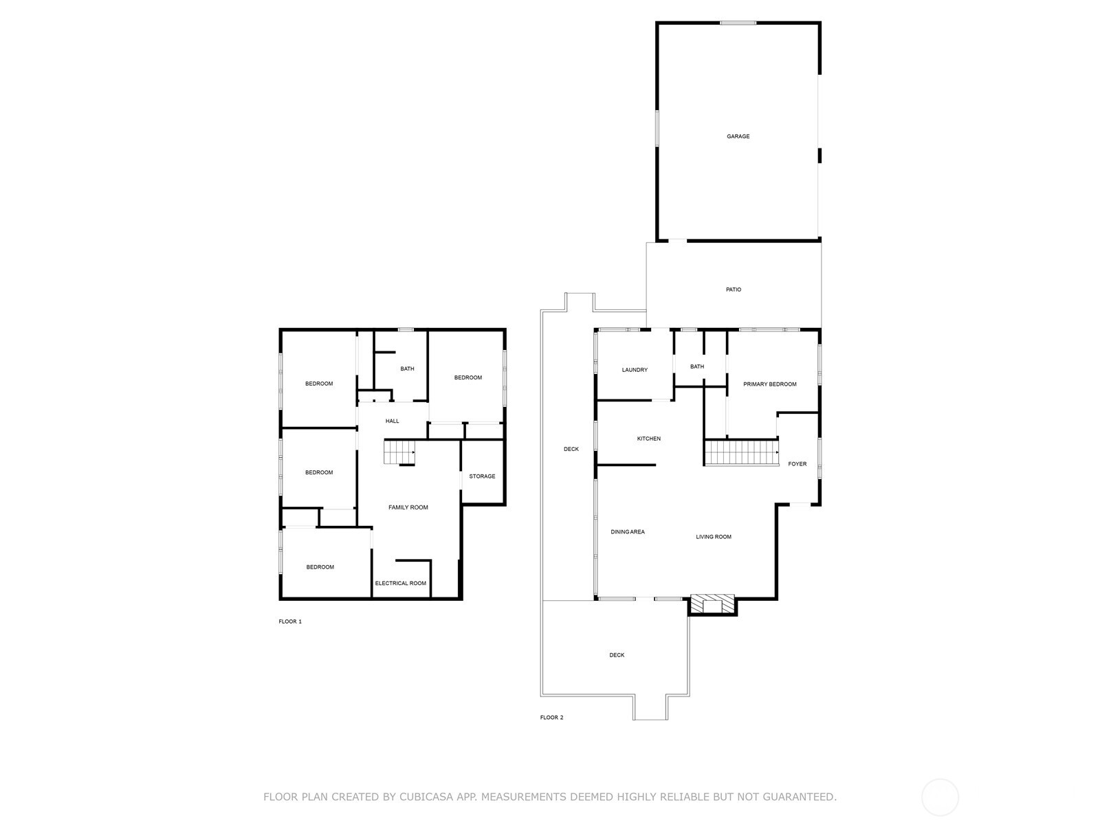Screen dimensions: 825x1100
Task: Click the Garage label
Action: [738, 137]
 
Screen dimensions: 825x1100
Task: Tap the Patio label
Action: [734, 290]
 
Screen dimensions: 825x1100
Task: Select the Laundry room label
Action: [635, 370]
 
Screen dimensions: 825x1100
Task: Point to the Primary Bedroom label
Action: [769, 384]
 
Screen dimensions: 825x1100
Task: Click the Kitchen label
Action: [648, 439]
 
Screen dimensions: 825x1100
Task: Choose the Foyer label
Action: [797, 464]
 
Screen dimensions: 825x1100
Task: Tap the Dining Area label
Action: [627, 532]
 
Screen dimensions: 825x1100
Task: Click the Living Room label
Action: [713, 537]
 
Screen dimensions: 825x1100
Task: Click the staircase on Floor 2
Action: [740, 453]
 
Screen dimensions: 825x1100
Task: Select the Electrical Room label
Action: [400, 584]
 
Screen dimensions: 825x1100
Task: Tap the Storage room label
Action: [482, 476]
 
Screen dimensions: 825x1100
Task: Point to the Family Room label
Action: [408, 507]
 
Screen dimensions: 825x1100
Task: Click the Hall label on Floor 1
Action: [392, 421]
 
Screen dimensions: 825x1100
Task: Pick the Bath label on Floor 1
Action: [407, 369]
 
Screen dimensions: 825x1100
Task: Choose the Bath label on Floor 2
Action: [696, 367]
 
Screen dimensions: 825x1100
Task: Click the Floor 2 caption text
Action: [551, 718]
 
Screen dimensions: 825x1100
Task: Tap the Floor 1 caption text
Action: [289, 621]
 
